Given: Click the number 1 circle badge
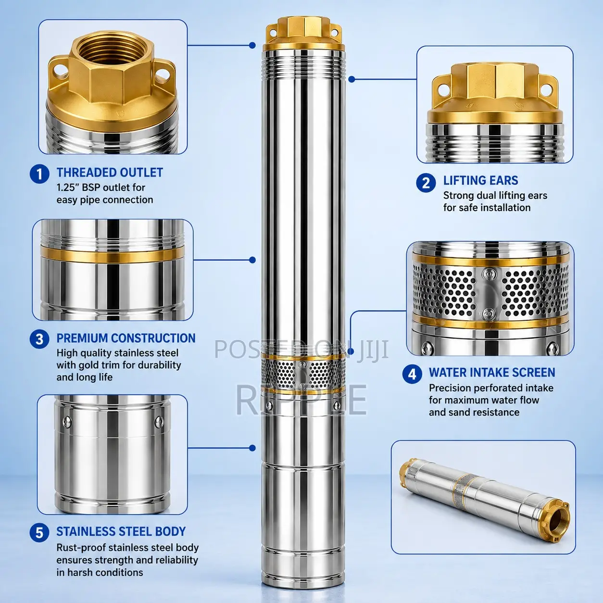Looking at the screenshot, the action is point(39,174).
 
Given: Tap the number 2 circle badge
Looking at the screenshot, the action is point(426,183).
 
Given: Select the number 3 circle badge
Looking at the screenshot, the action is point(39,339).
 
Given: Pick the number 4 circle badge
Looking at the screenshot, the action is point(412,374).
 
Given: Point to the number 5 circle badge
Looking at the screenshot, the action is point(39,533).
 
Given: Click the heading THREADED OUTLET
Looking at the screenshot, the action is point(110,173).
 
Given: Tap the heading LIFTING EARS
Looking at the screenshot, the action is point(481,180).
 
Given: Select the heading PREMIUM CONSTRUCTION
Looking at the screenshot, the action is point(126,338).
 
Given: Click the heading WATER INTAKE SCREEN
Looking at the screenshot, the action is point(492,372).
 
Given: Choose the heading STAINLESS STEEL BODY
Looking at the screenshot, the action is point(121,531).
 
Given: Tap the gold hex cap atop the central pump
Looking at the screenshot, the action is point(303,31).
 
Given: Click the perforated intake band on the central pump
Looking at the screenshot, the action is point(303,373).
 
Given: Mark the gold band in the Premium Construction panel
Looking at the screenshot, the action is point(113,254).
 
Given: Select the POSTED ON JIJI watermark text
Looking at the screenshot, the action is point(301,349).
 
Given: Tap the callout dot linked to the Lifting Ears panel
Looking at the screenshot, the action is point(352,79).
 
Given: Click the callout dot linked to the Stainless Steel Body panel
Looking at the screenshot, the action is point(252,448).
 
